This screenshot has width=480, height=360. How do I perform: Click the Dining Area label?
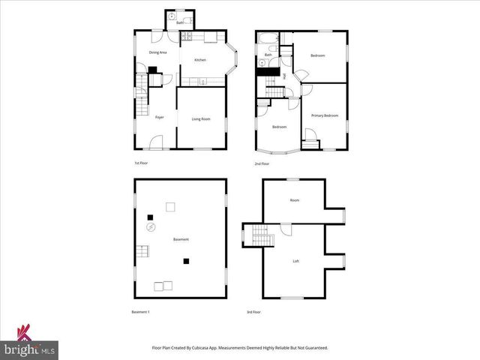157,52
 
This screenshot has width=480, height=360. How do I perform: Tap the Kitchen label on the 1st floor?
200,60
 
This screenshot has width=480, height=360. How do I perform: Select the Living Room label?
200,119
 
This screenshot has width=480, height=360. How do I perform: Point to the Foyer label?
159,118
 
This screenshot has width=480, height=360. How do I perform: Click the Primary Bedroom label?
325,115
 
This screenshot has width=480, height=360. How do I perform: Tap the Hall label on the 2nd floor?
286,76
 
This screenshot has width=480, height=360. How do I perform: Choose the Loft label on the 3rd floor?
295,260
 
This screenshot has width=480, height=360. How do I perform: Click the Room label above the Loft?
295,200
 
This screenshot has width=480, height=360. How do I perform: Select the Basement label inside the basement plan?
181,239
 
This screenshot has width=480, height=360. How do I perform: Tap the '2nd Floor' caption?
262,163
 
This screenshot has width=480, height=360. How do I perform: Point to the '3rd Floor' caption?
253,312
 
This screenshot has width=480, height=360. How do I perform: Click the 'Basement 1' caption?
141,312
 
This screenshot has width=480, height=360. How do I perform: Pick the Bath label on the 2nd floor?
268,55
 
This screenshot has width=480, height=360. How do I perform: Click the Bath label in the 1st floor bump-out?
180,23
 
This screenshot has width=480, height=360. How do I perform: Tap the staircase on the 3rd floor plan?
260,235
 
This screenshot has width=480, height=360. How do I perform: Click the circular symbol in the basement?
150,226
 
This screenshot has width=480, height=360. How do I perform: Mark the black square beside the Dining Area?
152,70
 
